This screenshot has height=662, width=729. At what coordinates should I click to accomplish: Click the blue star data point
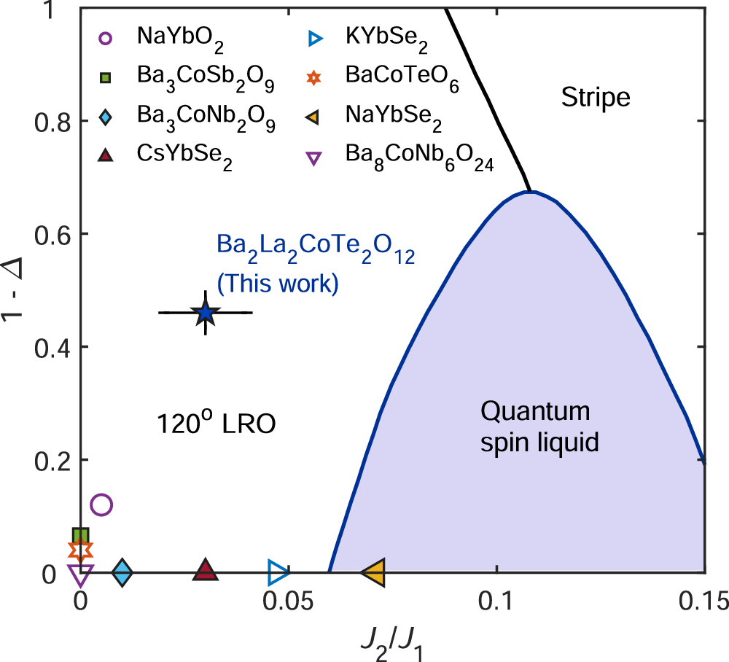coord(206,313)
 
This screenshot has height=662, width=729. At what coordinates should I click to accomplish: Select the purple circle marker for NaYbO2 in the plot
coord(101,505)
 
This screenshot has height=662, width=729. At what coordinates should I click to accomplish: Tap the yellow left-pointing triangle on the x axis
coord(373,572)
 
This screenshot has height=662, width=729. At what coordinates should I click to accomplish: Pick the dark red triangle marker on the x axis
coord(206,571)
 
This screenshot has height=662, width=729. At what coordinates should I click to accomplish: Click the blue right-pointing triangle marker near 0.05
coord(278,572)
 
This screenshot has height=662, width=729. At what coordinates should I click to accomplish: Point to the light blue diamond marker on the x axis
coord(122,572)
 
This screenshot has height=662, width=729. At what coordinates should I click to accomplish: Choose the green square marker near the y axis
coord(80,537)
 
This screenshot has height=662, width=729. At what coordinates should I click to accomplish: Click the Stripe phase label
coord(595,97)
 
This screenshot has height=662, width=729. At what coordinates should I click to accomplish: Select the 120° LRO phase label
coord(217,424)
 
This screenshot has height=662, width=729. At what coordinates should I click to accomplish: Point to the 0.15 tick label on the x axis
coord(704,602)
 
